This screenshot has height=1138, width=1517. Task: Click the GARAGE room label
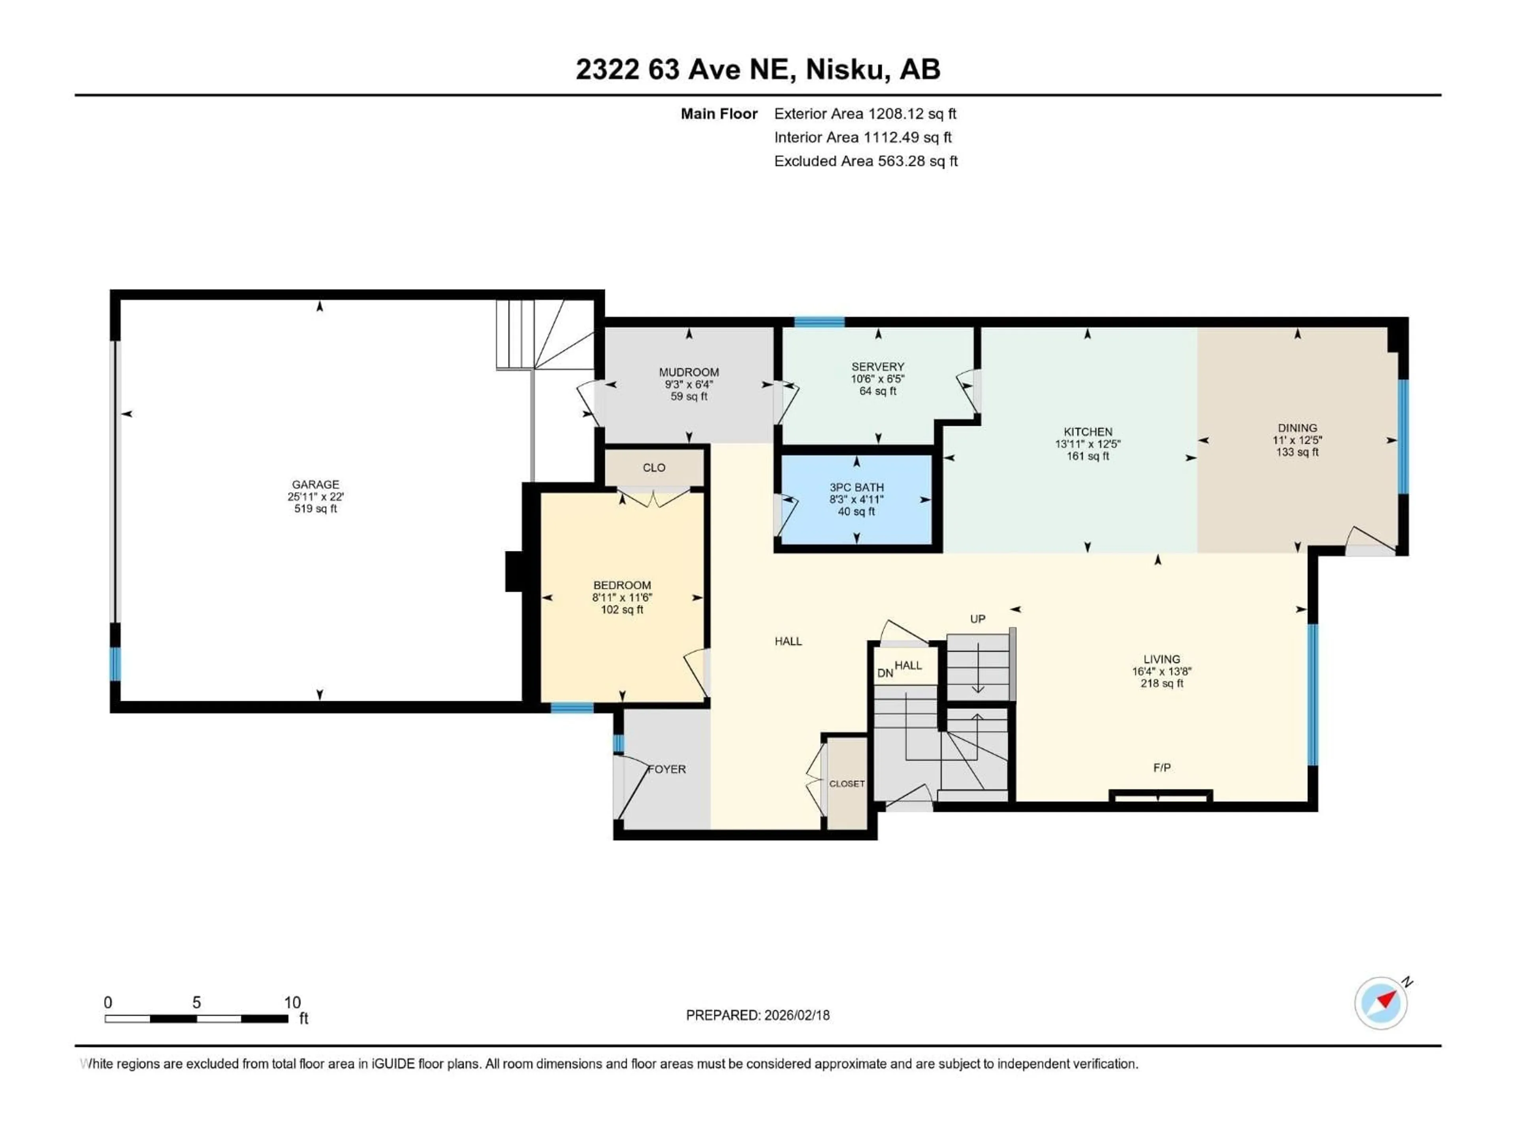point(316,484)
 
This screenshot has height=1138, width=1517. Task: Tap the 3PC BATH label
point(856,488)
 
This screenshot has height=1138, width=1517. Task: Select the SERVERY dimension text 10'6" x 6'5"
point(878,379)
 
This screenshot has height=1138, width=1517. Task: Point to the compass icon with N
point(1381,1003)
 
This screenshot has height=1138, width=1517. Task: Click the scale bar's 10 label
point(292,1002)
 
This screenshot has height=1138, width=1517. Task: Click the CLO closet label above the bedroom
point(653,468)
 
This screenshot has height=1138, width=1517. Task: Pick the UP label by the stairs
point(977,619)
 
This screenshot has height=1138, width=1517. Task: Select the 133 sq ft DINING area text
point(1297,452)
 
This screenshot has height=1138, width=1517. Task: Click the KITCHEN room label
point(1088,431)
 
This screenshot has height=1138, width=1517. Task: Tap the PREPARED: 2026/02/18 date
point(757,1015)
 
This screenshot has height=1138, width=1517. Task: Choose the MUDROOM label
point(689,373)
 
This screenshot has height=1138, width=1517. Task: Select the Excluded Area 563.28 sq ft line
point(866,161)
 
